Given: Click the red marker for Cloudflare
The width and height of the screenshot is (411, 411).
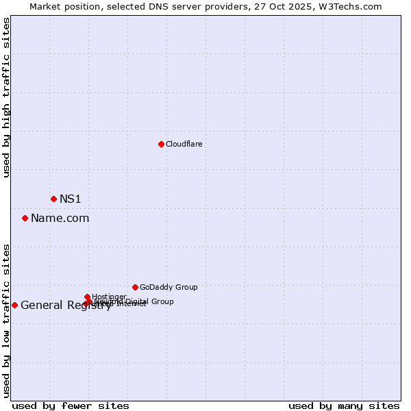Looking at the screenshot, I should tap(161, 144).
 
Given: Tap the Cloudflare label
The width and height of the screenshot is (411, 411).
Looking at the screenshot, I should tap(184, 144).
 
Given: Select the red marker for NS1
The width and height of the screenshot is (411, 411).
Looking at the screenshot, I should tap(53, 199).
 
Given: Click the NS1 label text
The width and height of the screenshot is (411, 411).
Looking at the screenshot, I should tap(70, 199).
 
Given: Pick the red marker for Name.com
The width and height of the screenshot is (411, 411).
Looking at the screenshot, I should tap(25, 218).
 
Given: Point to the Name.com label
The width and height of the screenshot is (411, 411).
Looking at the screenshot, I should tap(60, 219).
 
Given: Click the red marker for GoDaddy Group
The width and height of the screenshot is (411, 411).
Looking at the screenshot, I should tap(135, 287).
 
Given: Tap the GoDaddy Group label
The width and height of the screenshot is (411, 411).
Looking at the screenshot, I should tap(169, 288).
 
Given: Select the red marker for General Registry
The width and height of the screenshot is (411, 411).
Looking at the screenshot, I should tap(14, 305).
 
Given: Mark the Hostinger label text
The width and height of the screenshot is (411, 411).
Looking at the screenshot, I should tap(109, 297).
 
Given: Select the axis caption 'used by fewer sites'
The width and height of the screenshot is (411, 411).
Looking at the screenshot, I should tap(71, 406).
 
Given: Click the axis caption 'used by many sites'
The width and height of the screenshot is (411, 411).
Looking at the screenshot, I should tap(344, 406).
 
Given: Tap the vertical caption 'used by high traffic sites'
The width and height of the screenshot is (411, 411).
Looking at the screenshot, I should tap(6, 98).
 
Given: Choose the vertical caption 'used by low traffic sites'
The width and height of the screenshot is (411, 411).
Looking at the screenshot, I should tap(6, 321).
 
